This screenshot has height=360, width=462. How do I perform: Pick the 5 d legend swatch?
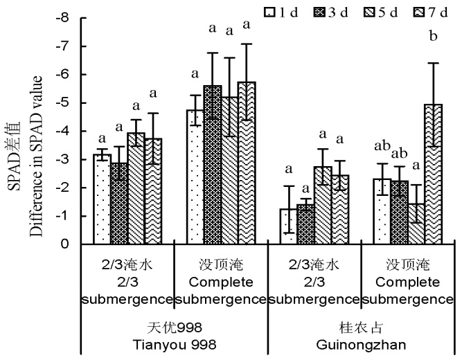pyautogui.click(x=365, y=11)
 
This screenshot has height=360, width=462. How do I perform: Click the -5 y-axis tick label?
pyautogui.click(x=65, y=103)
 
